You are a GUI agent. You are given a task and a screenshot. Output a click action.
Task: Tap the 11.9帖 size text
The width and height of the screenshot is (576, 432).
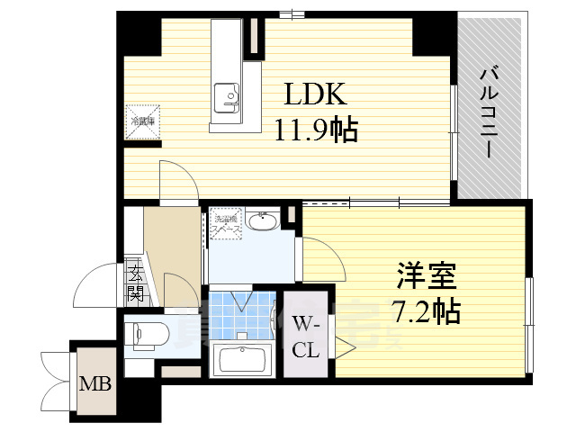pos(316,131)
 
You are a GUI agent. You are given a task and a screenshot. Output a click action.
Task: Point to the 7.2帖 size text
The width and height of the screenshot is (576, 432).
pos(426,311)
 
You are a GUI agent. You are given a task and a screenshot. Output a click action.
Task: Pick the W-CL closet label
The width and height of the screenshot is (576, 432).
pos(305,336)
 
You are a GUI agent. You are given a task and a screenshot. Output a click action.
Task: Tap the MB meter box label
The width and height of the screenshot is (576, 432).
pos(97,384)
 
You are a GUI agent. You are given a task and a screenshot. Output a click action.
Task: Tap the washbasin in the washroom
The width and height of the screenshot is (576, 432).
pos(262,222)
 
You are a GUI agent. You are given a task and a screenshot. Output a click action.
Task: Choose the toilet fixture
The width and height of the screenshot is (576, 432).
pos(144,334)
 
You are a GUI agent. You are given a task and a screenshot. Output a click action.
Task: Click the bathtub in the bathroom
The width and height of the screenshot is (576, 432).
pos(243,359)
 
